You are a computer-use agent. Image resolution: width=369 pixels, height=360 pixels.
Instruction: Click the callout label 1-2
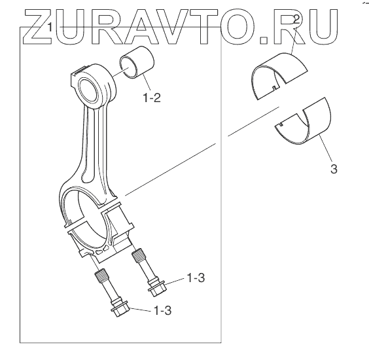(x=152, y=98)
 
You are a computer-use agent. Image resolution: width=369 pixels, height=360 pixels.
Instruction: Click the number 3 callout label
(x=334, y=169)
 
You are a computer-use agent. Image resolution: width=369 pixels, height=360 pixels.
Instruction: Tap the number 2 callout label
(x=296, y=20)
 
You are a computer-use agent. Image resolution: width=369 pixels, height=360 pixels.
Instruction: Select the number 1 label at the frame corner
(x=50, y=27)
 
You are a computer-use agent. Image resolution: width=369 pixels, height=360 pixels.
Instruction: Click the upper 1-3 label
(x=196, y=278)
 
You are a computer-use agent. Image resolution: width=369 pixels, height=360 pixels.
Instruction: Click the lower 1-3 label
(x=162, y=310)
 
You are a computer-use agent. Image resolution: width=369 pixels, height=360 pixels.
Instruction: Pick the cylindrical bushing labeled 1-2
(x=137, y=62)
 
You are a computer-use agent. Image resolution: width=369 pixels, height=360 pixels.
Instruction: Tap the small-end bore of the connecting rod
(x=89, y=90)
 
